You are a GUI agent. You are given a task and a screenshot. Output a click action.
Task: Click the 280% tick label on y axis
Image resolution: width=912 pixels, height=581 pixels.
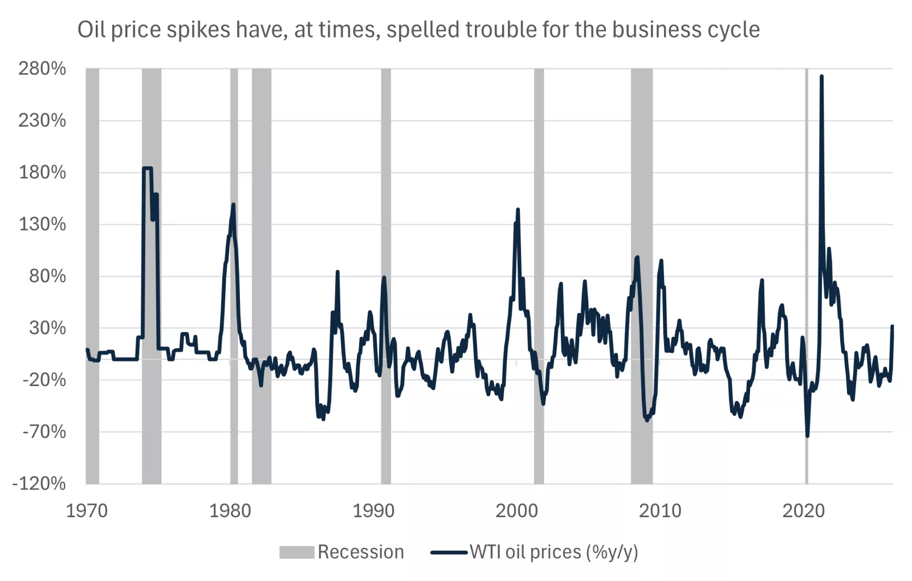pos(42,69)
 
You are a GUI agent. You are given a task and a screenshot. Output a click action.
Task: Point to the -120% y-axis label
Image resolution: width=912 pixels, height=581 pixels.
pos(39,484)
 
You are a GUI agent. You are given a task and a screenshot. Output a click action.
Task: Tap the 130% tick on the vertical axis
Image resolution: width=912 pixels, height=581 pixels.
pos(42,224)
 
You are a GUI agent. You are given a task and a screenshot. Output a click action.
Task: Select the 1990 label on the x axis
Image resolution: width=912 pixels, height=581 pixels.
pos(373,510)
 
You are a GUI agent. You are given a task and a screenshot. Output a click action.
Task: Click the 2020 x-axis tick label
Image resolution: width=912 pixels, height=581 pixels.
pos(803,510)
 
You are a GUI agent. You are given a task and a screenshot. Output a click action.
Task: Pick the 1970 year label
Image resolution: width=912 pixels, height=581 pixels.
pos(87,510)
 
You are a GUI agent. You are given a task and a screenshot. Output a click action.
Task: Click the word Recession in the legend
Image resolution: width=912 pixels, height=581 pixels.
pos(361,552)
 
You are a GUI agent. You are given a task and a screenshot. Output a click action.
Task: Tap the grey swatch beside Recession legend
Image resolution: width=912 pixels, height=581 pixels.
pos(296,552)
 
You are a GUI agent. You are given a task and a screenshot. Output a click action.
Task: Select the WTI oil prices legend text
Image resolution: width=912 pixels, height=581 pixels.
pos(553,552)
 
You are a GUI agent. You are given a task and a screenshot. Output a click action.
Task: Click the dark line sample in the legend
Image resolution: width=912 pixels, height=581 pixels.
pos(449,552)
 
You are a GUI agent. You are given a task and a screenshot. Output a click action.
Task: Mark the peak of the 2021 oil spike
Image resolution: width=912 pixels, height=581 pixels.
pos(821,76)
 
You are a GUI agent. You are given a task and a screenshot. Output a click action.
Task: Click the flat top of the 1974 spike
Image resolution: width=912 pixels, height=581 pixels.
pos(147,168)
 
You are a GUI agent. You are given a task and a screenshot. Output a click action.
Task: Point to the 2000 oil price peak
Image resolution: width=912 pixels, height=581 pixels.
pos(518,210)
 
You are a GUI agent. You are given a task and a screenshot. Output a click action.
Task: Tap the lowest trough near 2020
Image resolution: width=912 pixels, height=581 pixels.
pos(808,436)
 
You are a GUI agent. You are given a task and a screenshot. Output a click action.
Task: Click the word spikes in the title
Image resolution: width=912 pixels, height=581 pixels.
pos(198,29)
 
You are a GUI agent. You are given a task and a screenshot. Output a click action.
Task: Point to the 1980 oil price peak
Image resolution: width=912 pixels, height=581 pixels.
pos(233,205)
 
